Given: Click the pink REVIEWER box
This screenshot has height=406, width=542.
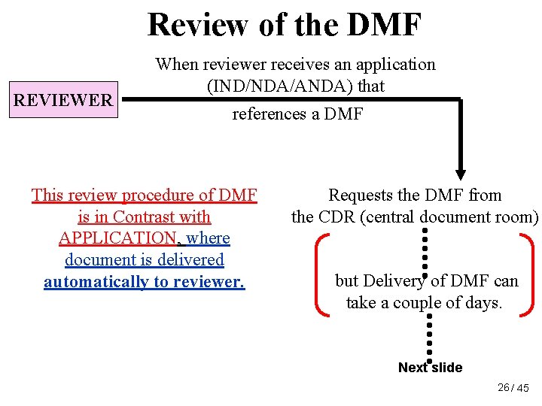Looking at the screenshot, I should (x=63, y=100).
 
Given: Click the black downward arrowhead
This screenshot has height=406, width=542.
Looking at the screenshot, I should (x=461, y=171).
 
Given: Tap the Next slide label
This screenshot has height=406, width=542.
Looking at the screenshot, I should (x=430, y=368).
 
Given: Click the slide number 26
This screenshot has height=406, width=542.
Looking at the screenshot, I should (x=504, y=387).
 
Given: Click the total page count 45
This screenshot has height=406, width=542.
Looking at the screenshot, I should (x=523, y=388).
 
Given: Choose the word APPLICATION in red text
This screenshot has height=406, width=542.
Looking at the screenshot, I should (x=117, y=238).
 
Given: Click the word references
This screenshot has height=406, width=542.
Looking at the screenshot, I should (x=270, y=114).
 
